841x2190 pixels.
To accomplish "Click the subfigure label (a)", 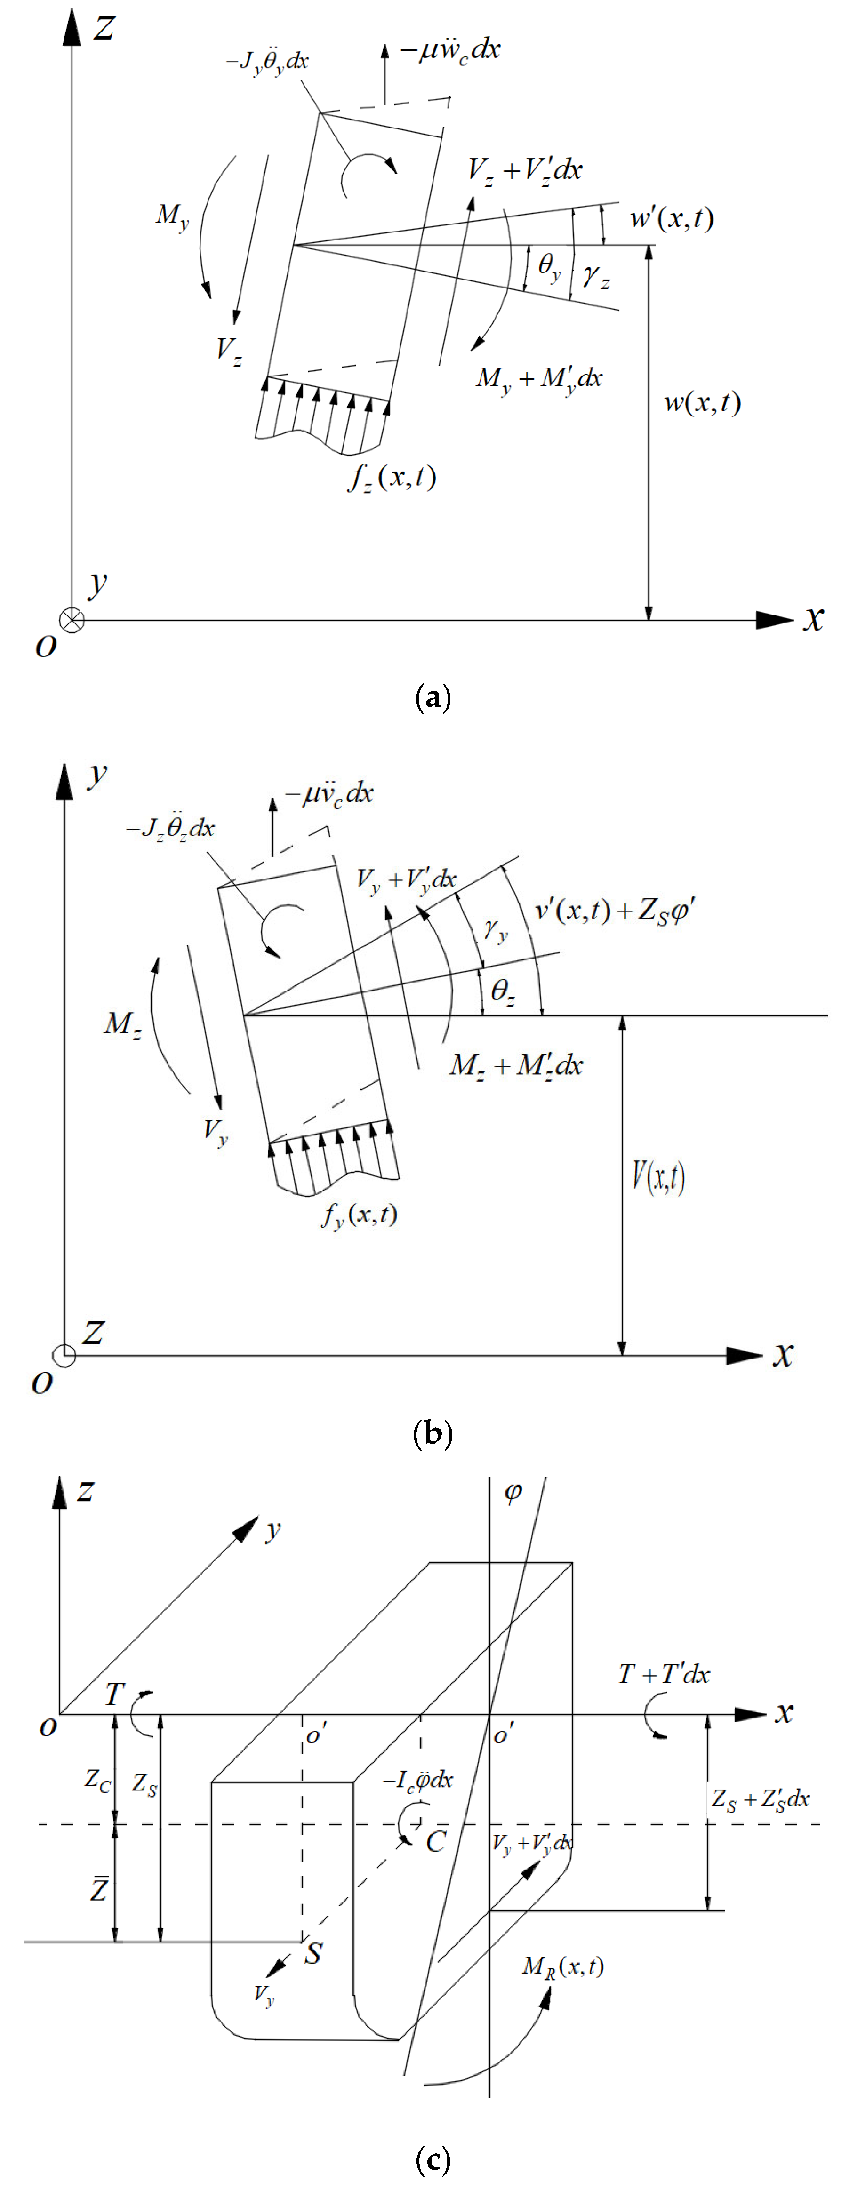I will (432, 698).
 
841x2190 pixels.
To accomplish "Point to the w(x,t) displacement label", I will (702, 402).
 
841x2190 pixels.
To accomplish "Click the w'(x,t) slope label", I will (671, 219).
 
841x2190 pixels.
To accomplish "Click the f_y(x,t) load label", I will (360, 1214).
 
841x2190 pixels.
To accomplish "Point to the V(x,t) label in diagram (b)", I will (658, 1177).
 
